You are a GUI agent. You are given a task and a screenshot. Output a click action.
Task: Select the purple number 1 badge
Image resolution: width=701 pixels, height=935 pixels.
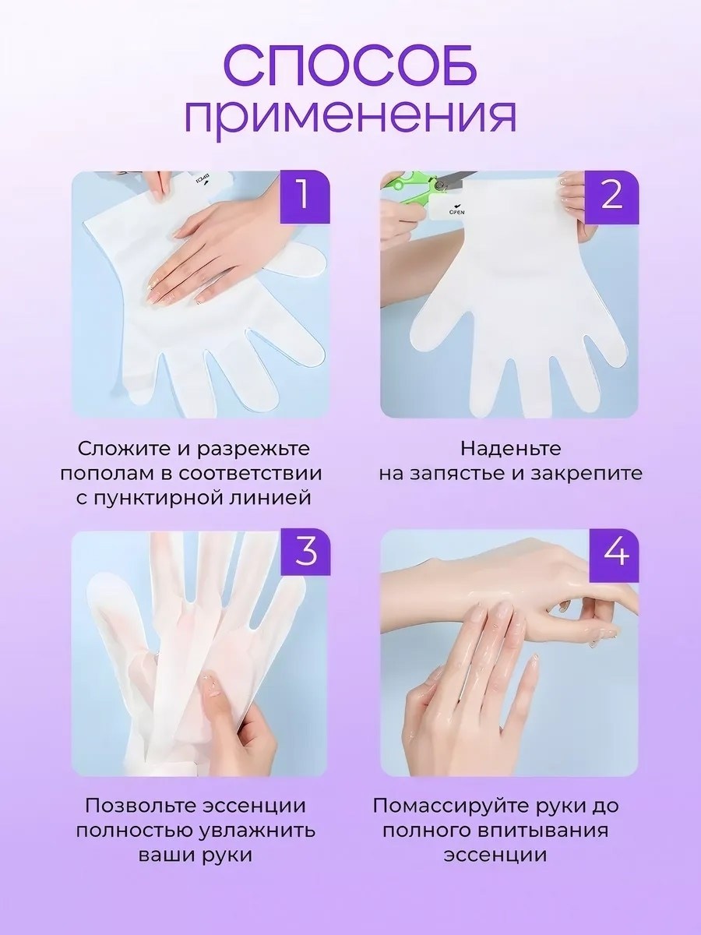(x=305, y=197)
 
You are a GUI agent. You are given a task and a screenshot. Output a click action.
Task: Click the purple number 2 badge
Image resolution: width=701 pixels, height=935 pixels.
(x=611, y=197)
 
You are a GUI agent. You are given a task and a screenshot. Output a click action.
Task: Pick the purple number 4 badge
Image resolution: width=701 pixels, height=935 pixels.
(x=614, y=556)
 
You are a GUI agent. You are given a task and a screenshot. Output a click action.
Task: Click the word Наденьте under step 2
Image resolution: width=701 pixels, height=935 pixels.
(x=510, y=450)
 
